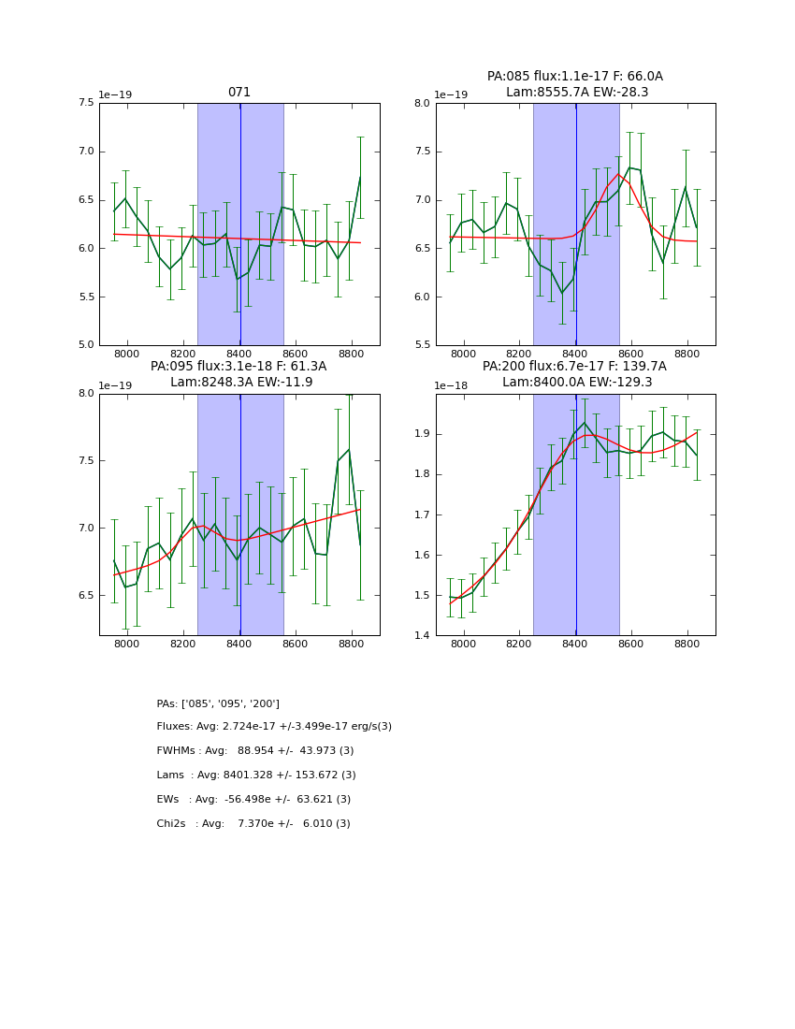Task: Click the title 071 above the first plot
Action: coord(239,93)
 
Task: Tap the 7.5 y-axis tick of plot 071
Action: coord(85,103)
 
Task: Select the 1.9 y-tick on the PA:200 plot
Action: coord(422,434)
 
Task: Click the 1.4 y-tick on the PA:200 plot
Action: coord(422,636)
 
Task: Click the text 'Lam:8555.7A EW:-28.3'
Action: coord(576,93)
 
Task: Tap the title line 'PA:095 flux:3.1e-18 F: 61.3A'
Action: coord(238,367)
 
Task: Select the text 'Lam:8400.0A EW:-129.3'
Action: coord(576,383)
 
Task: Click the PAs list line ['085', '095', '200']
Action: coord(218,703)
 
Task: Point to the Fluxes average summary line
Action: coord(274,727)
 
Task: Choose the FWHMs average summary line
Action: coord(255,751)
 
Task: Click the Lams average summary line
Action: coord(256,775)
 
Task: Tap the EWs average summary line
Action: coord(253,800)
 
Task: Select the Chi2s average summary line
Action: coord(253,824)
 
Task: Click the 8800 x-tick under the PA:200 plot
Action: coord(687,645)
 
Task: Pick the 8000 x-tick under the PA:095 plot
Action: coord(127,645)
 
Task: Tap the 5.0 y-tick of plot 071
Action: coord(85,345)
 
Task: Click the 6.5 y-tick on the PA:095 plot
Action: coord(85,595)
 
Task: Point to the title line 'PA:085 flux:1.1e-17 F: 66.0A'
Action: coord(575,77)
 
